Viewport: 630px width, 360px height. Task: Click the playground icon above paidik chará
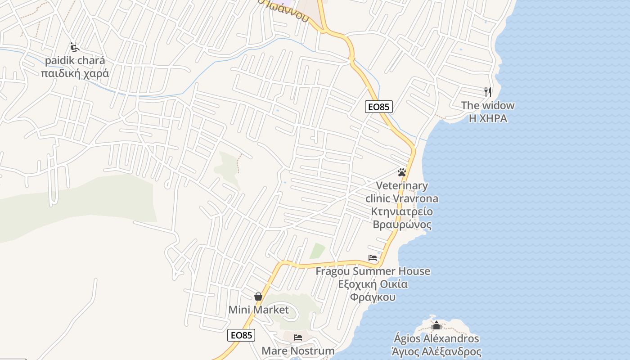pos(75,47)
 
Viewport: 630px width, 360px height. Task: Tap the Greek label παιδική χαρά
pos(75,73)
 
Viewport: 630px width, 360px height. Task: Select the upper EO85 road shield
pos(379,107)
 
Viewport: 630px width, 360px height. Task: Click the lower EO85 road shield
pos(241,335)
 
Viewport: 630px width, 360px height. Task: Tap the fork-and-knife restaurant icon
pos(488,92)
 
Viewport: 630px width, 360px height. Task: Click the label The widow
pos(487,106)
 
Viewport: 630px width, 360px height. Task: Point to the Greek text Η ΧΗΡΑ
pos(488,118)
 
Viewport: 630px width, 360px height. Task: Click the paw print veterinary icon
pos(402,172)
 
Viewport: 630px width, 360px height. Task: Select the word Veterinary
pos(402,185)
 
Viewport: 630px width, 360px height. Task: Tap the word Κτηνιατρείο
pos(402,211)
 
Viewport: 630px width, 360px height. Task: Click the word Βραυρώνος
pos(402,225)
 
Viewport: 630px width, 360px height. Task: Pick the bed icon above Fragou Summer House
pos(373,258)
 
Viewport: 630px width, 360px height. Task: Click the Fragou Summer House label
pos(373,271)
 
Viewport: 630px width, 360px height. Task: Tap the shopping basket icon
pos(258,297)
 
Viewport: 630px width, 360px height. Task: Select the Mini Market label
pos(258,310)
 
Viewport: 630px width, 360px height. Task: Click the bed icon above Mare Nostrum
pos(298,337)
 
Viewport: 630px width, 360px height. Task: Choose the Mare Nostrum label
pos(298,351)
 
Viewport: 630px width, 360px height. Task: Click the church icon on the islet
pos(436,325)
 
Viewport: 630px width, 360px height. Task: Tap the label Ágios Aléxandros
pos(436,338)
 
